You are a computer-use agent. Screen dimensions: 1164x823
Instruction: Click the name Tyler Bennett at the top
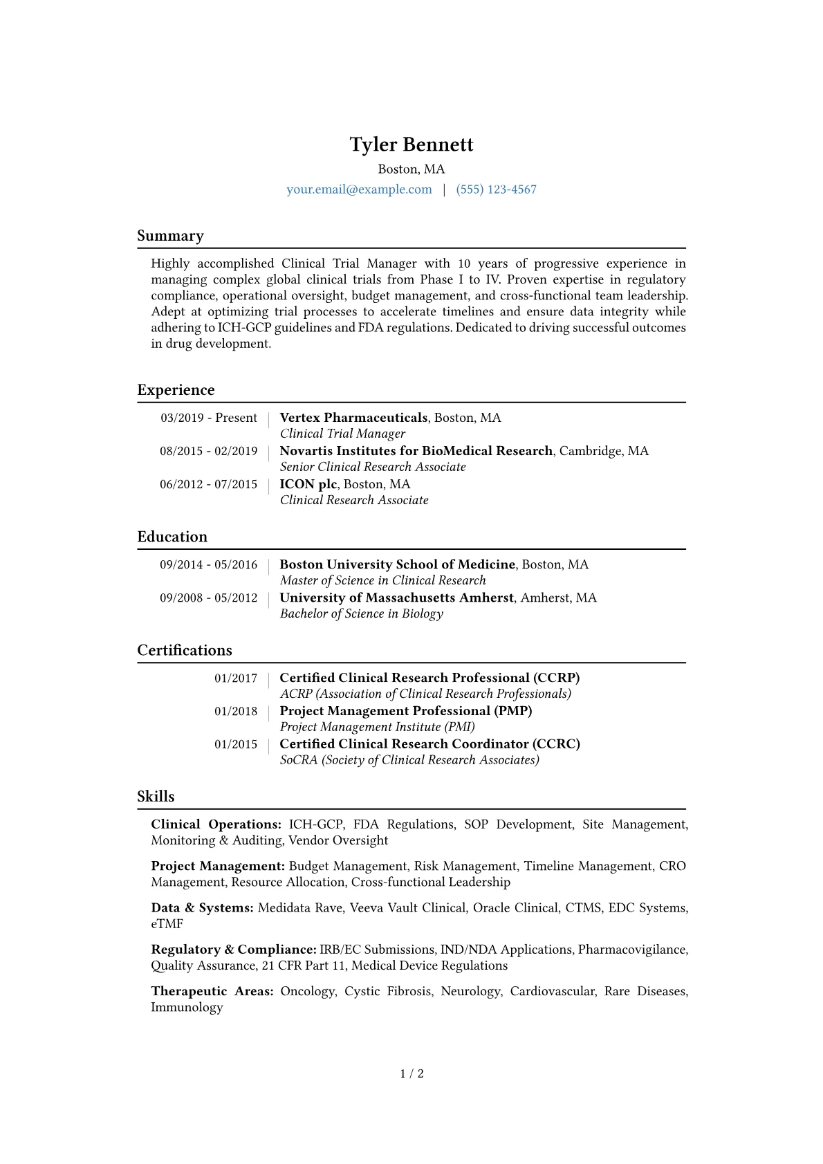pos(411,145)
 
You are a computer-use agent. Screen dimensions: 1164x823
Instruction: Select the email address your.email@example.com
pos(359,190)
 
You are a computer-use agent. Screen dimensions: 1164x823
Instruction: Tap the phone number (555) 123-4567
pos(496,190)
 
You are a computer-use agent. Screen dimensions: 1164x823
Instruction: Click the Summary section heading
pos(170,236)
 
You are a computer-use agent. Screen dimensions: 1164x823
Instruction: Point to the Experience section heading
pos(176,390)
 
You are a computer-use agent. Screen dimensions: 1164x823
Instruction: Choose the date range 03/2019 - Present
pos(209,418)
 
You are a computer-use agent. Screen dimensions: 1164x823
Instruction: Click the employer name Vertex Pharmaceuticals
pos(353,418)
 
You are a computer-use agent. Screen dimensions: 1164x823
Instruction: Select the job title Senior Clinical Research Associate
pos(373,467)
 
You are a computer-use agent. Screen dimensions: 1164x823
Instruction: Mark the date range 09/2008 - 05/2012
pos(209,598)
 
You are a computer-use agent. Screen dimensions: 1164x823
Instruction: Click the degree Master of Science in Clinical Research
pos(382,580)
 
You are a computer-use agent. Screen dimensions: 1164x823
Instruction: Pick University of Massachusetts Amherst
pos(396,598)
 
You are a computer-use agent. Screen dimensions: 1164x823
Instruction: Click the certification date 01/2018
pos(236,711)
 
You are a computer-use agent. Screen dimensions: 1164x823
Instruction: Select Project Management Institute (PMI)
pos(377,727)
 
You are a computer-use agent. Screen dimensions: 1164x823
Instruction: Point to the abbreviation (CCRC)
pos(556,744)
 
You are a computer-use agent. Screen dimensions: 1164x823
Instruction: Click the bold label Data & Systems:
pos(202,908)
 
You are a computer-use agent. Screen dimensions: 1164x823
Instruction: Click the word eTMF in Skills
pos(167,924)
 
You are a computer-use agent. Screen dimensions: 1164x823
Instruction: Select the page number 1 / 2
pos(411,1073)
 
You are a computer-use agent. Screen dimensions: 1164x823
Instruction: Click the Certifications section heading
pos(185,650)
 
